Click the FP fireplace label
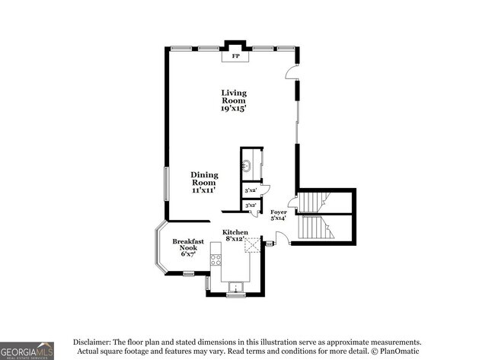point(235,57)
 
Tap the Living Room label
point(235,97)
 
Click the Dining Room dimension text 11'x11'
point(204,190)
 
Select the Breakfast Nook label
point(187,245)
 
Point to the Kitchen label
point(235,231)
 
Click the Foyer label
point(278,213)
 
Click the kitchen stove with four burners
point(216,260)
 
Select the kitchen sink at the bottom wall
point(235,288)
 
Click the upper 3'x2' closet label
point(249,190)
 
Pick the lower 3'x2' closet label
point(249,205)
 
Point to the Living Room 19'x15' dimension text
point(235,109)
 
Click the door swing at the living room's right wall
point(290,72)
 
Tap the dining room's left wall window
point(166,184)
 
